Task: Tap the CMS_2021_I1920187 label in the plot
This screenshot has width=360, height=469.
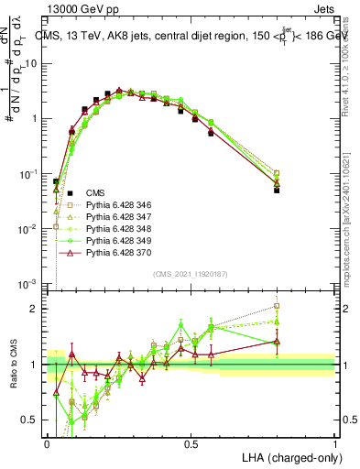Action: click(190, 274)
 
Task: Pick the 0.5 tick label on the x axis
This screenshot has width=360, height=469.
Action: click(191, 443)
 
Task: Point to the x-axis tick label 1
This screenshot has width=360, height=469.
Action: click(335, 443)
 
